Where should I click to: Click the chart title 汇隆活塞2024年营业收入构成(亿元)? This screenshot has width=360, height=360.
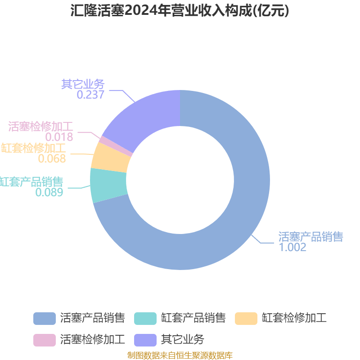[x=180, y=10]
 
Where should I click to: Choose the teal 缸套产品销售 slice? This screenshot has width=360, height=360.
[x=108, y=185]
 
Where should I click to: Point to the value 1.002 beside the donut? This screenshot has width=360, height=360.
[x=292, y=247]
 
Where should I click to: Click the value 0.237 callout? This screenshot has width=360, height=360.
[x=90, y=94]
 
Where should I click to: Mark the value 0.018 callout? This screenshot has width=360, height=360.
[x=59, y=137]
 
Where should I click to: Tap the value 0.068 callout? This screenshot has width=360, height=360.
[x=52, y=159]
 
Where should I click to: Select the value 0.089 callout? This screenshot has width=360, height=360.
[x=49, y=193]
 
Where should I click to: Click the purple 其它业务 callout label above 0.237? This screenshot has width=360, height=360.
[x=83, y=84]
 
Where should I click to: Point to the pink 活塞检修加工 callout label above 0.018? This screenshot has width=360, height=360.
[x=40, y=126]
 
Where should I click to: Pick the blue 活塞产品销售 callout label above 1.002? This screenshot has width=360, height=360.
[x=310, y=237]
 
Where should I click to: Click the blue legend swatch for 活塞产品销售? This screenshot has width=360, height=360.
[x=45, y=319]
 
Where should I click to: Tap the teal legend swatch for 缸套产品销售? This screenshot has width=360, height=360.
[x=145, y=319]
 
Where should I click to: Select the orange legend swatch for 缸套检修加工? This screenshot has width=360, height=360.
[x=246, y=319]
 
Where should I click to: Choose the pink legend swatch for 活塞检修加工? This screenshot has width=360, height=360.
[x=45, y=340]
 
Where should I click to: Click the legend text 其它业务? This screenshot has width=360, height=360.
[x=183, y=340]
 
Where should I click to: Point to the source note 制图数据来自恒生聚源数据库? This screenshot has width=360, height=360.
[x=180, y=355]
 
